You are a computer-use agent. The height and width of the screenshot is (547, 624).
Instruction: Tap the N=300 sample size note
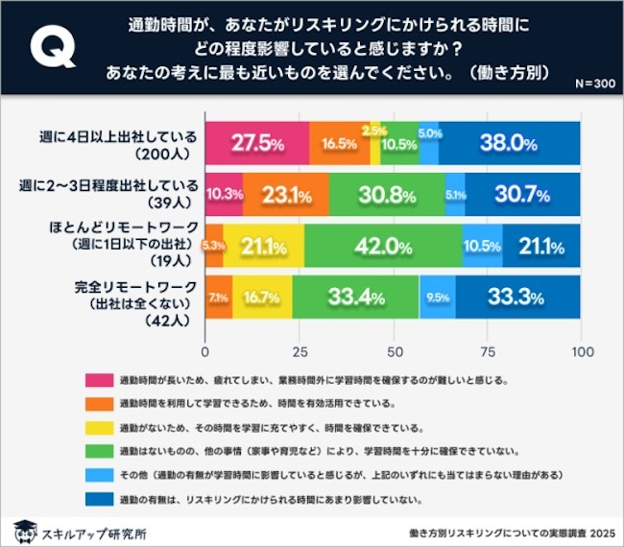[x=594, y=84]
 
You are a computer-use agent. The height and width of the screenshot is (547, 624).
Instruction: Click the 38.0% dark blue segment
[x=510, y=144]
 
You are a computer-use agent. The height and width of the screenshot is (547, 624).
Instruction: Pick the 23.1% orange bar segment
[x=286, y=196]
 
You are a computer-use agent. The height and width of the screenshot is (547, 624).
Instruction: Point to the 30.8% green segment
[x=387, y=196]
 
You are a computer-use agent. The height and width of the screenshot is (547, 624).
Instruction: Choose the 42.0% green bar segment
[x=383, y=247]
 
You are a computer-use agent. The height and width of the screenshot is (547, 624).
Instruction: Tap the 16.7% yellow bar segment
[x=262, y=297]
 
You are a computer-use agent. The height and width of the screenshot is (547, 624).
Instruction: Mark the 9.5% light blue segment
[x=438, y=297]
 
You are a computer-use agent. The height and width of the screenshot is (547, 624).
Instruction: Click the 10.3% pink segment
[x=224, y=196]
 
